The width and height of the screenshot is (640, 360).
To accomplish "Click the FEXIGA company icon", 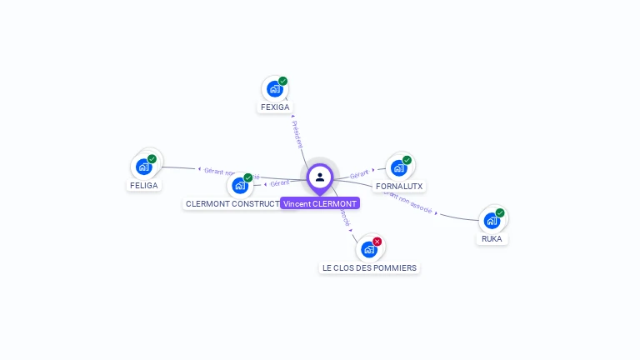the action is pyautogui.click(x=274, y=88).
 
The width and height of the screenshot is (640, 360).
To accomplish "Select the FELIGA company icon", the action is pyautogui.click(x=143, y=167).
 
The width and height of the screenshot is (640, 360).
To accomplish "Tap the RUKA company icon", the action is pyautogui.click(x=492, y=220).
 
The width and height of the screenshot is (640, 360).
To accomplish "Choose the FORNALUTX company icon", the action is pyautogui.click(x=398, y=167).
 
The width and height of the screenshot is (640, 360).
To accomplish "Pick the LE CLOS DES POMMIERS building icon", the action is pyautogui.click(x=368, y=249).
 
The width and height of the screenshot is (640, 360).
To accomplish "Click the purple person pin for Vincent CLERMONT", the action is pyautogui.click(x=320, y=177).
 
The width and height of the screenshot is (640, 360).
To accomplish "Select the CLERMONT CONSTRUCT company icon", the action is pyautogui.click(x=240, y=185).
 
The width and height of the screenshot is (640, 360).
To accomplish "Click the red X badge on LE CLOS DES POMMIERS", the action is pyautogui.click(x=377, y=242).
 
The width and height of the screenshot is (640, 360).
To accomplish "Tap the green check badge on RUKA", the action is pyautogui.click(x=500, y=212).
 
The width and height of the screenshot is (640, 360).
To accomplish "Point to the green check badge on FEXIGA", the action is pyautogui.click(x=283, y=81).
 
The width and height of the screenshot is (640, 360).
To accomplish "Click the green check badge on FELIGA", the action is pyautogui.click(x=152, y=159).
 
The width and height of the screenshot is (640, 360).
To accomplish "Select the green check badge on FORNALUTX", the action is pyautogui.click(x=407, y=160).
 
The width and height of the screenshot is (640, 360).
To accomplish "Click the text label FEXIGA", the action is pyautogui.click(x=275, y=107).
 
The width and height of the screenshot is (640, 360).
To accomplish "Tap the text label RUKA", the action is pyautogui.click(x=492, y=239).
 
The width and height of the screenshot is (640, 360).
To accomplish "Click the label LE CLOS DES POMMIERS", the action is pyautogui.click(x=369, y=268).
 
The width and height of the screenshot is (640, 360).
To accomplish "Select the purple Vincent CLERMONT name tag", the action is pyautogui.click(x=320, y=203).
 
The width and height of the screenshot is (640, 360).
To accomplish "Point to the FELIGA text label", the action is pyautogui.click(x=143, y=186).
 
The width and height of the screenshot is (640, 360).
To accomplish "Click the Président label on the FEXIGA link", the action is pyautogui.click(x=297, y=134).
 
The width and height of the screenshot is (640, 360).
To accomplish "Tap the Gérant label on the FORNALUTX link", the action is pyautogui.click(x=359, y=174).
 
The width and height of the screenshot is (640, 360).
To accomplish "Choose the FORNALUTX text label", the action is pyautogui.click(x=399, y=186).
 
